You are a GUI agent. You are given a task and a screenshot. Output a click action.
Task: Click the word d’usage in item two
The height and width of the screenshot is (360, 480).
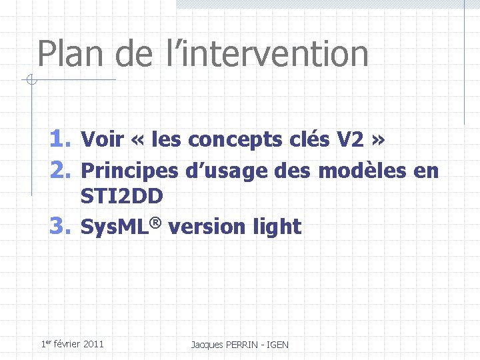226,171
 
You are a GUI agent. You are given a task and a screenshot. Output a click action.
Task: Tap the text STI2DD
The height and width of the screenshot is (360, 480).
122,197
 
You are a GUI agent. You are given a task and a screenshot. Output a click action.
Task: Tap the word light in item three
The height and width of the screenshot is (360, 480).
277,227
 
